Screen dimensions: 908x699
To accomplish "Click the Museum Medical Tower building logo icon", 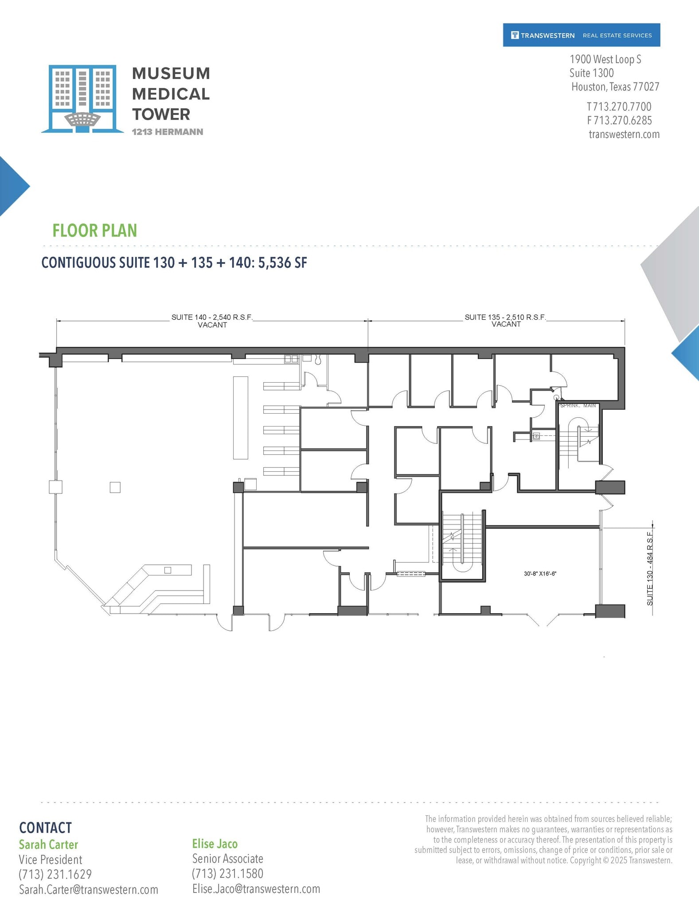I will (x=82, y=98).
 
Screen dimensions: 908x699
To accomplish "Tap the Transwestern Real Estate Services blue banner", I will (x=581, y=35).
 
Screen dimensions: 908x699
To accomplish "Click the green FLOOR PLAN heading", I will (x=94, y=231).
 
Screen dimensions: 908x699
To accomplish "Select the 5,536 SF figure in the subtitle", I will (x=282, y=262).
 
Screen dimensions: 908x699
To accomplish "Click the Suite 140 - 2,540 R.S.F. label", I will (x=212, y=317).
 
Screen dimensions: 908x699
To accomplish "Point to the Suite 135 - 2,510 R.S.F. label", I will (x=505, y=317).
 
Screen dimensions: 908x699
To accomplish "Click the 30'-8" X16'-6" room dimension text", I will (x=540, y=574).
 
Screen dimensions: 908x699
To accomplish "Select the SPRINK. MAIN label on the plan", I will (x=578, y=406).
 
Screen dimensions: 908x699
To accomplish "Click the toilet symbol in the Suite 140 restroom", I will (x=318, y=360).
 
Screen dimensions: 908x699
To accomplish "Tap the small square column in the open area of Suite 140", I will (x=115, y=487).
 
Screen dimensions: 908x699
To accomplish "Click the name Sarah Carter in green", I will (x=48, y=845).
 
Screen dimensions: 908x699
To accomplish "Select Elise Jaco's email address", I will (x=256, y=889).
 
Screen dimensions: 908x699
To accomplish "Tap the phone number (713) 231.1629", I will (x=55, y=874).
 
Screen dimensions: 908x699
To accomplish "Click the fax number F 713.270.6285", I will (x=619, y=121).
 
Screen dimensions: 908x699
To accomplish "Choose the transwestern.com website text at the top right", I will (x=624, y=134).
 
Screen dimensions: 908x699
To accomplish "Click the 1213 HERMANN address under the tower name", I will (x=167, y=132).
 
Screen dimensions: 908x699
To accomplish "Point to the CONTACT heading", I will (x=45, y=828).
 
